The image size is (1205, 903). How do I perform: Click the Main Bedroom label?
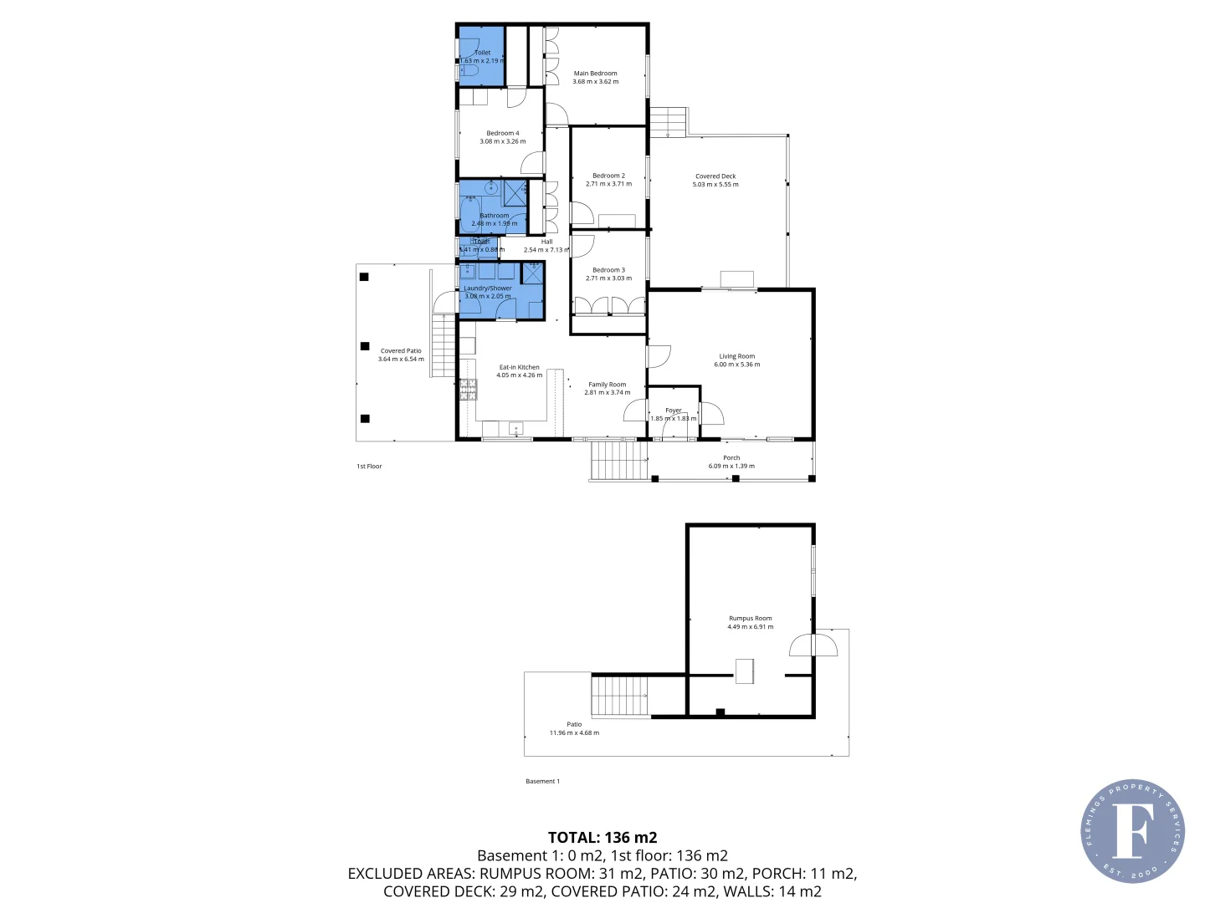click(595, 74)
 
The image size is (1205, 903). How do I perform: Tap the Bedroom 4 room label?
click(503, 133)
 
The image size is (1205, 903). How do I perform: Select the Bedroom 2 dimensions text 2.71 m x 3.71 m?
click(608, 184)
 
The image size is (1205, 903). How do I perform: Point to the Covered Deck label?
click(715, 176)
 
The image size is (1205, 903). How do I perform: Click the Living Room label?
click(736, 356)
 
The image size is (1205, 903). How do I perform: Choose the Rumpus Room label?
click(750, 619)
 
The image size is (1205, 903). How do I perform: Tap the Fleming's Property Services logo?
click(1132, 831)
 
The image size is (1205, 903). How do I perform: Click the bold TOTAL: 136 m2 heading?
click(602, 837)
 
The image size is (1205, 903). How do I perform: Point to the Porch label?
click(731, 458)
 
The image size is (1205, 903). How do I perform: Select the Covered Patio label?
click(401, 351)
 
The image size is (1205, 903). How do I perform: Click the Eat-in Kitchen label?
click(519, 367)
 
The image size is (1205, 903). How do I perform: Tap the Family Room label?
click(607, 385)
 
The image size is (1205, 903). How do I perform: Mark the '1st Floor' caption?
click(369, 467)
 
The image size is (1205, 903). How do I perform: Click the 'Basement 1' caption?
click(542, 782)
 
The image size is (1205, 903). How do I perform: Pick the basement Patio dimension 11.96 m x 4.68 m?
click(574, 733)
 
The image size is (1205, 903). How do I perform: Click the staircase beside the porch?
click(619, 461)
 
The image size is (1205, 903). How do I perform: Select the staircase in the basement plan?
click(620, 696)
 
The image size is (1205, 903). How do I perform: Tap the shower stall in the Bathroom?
click(515, 192)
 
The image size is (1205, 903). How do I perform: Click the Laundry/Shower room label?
click(488, 288)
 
